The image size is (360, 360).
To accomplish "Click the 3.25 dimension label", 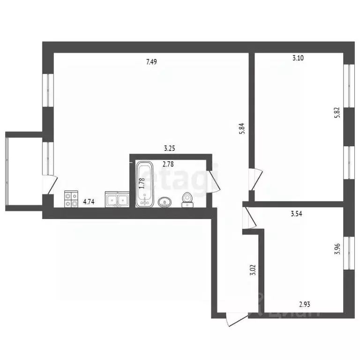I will pyautogui.click(x=169, y=149).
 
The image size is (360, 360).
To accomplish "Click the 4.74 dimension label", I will pyautogui.click(x=89, y=202).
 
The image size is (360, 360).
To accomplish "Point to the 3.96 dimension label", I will pyautogui.click(x=337, y=247).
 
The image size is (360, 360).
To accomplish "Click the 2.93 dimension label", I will pyautogui.click(x=305, y=304).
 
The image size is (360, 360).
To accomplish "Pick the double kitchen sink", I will pyautogui.click(x=117, y=200).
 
